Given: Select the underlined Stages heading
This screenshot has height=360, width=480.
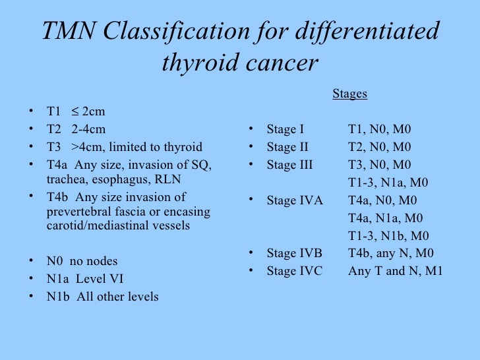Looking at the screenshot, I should (x=349, y=94).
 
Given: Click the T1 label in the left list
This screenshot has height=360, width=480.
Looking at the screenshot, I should (x=54, y=111).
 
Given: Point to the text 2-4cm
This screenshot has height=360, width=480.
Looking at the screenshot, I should (x=88, y=129).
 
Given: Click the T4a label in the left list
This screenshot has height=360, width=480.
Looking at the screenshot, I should (x=57, y=165).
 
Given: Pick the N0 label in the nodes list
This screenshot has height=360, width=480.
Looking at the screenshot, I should (x=55, y=261).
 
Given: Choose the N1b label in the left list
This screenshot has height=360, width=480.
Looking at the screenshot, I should (x=57, y=297).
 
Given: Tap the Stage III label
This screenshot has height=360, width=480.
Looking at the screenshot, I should (x=289, y=165).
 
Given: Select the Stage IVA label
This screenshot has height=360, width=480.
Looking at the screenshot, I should (x=295, y=200).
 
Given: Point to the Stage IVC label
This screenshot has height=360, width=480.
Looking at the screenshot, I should (x=295, y=271).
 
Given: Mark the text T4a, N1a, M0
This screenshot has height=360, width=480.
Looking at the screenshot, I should (x=385, y=218).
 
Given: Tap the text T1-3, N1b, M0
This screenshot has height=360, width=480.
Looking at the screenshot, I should (x=388, y=236).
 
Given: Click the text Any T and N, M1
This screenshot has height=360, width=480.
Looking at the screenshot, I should (x=396, y=271).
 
